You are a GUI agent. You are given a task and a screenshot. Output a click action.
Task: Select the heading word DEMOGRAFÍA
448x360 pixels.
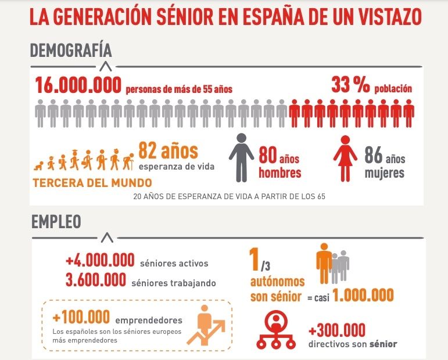(x=70, y=51)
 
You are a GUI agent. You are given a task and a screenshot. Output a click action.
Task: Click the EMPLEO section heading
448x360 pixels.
(x=56, y=222)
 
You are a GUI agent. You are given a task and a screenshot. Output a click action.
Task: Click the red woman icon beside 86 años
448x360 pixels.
(x=345, y=158)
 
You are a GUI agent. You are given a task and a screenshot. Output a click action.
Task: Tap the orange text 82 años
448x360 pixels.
(x=168, y=152)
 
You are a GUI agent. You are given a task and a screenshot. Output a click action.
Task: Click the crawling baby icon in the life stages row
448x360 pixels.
(x=41, y=164)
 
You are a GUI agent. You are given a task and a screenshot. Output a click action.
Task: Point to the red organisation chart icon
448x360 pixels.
(x=276, y=330)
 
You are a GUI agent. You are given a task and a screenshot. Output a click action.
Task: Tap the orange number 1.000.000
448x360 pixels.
(x=363, y=296)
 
